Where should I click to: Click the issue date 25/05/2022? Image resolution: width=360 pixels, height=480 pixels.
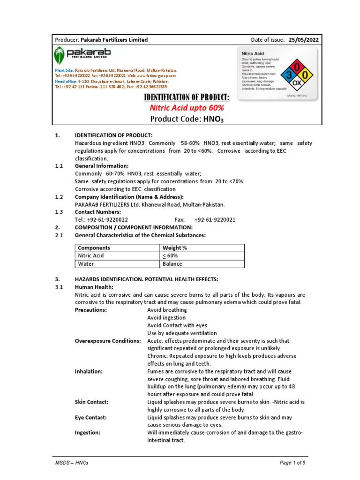(x=303, y=40)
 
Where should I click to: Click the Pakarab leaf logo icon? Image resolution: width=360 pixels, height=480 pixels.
(x=59, y=55)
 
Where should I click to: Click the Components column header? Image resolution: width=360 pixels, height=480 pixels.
(x=94, y=248)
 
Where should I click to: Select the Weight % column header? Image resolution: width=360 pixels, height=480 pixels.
(x=174, y=248)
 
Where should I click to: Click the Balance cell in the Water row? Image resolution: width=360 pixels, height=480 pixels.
(x=172, y=264)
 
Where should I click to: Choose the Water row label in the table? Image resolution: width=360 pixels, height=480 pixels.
(x=86, y=264)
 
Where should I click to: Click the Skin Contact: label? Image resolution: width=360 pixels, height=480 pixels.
(x=91, y=402)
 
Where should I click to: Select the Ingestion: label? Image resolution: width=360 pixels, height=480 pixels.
(x=88, y=433)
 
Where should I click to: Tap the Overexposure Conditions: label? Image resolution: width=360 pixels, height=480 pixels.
(x=108, y=341)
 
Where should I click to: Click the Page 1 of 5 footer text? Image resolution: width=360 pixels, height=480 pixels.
(x=293, y=463)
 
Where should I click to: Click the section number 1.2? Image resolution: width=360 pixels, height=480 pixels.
(x=59, y=197)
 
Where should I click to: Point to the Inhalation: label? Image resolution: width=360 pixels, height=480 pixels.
(x=89, y=371)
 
